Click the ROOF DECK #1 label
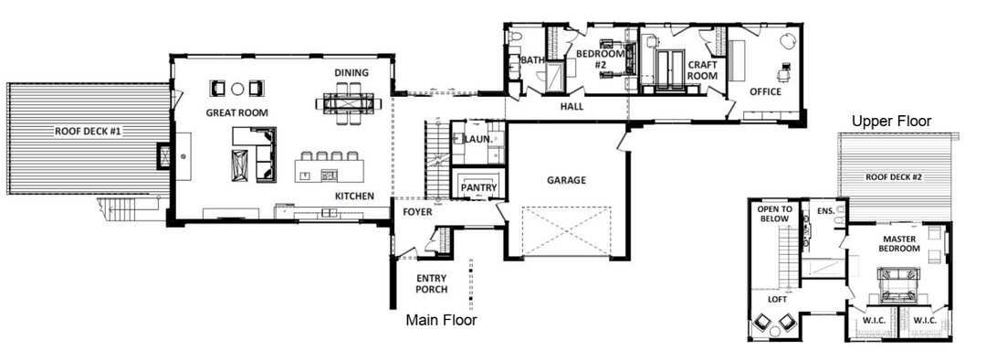point(88,132)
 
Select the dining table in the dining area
point(349,102)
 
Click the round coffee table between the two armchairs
point(237,89)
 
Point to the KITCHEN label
point(354,197)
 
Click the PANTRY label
point(478,187)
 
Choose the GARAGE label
point(566,180)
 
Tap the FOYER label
point(417,212)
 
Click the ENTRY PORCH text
point(431,284)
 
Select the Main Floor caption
point(441,321)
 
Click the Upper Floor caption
point(891,122)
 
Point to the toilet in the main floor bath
point(515,37)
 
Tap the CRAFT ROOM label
point(702,69)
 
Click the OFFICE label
point(765,92)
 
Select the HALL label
point(572,107)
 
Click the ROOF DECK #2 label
point(894,177)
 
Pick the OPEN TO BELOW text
point(774,214)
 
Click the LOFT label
point(777,300)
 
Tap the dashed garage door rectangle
point(567,230)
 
